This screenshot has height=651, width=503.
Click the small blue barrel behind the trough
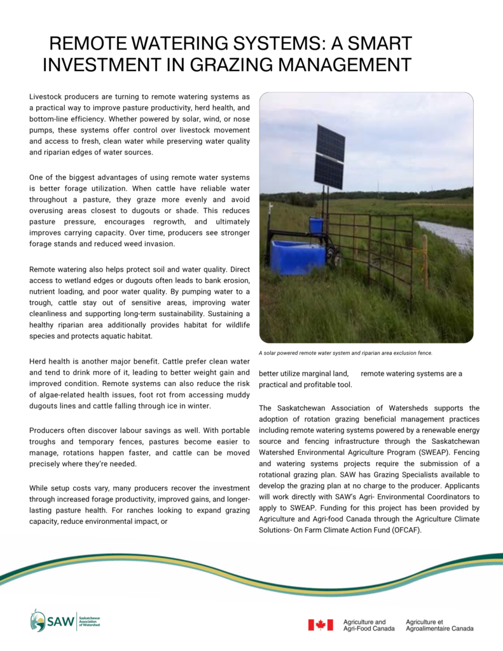coord(316,226)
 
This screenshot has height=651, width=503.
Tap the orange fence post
coord(425,261)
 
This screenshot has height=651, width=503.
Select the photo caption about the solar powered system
coord(345,353)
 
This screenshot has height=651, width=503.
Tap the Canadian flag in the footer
coord(320,625)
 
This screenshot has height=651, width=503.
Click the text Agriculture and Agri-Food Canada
coord(369,625)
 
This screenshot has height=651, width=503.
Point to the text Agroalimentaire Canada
coord(439,629)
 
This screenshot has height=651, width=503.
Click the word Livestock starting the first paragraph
coord(47,96)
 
